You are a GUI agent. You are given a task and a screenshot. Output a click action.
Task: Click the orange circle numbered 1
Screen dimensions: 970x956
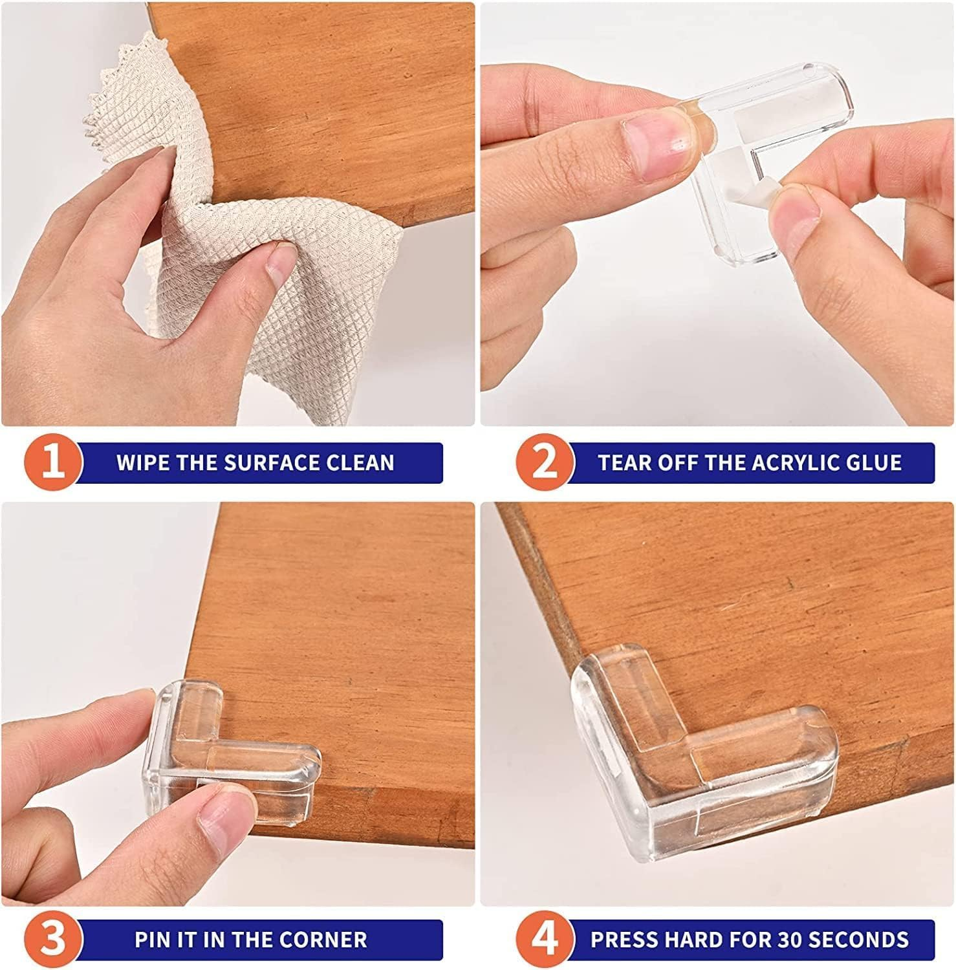[x=53, y=463]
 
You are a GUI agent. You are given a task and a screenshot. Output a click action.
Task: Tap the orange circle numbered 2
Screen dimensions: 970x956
[x=545, y=463]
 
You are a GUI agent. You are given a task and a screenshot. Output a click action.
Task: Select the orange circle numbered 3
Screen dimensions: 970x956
[x=53, y=939]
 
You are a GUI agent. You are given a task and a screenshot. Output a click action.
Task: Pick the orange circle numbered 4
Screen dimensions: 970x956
[x=545, y=939]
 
